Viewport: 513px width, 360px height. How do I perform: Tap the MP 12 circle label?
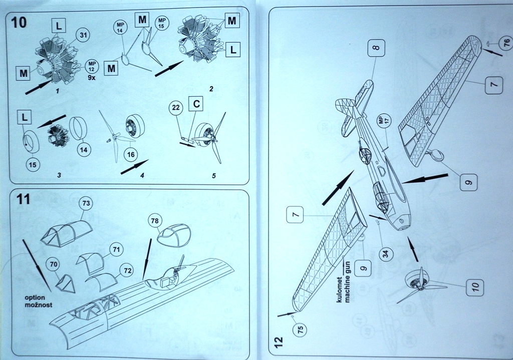coord(92,67)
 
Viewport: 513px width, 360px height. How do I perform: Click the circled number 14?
coord(84,149)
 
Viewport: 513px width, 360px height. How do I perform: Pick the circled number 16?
coord(131,155)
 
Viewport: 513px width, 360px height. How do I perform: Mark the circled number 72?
coord(128,271)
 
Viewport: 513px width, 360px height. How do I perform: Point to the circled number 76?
coord(506,45)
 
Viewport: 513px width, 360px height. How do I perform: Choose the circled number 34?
coord(385,253)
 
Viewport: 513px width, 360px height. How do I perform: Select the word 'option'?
coord(35,297)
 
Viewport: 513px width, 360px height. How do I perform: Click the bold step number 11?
coord(23,199)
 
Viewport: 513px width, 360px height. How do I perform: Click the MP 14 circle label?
coord(120,27)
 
